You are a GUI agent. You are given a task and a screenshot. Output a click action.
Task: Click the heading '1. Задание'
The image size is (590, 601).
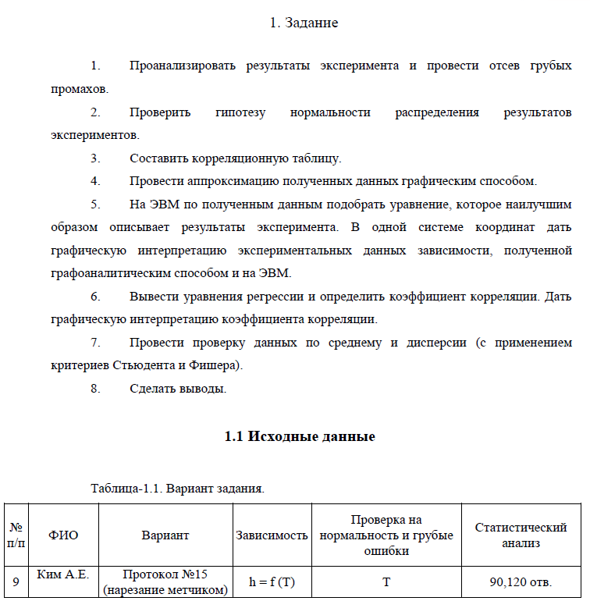click(304, 23)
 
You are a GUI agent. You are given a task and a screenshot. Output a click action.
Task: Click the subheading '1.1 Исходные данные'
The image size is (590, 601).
click(300, 436)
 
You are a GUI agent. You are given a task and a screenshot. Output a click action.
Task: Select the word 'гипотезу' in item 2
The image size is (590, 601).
click(240, 112)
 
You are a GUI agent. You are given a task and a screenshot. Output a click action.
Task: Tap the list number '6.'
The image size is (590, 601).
click(96, 297)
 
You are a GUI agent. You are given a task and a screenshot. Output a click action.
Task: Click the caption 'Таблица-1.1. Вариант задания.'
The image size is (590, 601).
click(178, 489)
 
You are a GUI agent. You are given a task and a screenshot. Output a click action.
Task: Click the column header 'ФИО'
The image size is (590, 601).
click(63, 535)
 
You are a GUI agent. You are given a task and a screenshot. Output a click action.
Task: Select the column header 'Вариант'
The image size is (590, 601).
click(165, 535)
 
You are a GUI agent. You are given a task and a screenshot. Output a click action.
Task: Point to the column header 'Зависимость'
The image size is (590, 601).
click(272, 535)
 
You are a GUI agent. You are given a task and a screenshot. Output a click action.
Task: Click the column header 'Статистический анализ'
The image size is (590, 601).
click(521, 535)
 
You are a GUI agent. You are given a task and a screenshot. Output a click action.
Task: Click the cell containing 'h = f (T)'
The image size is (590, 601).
click(272, 582)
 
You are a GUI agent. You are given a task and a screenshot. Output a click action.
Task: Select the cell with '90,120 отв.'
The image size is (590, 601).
click(521, 582)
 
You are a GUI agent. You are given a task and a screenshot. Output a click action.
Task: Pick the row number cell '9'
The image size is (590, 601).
click(15, 582)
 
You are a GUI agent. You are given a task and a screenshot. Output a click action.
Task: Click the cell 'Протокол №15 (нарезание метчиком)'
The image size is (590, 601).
click(165, 582)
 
